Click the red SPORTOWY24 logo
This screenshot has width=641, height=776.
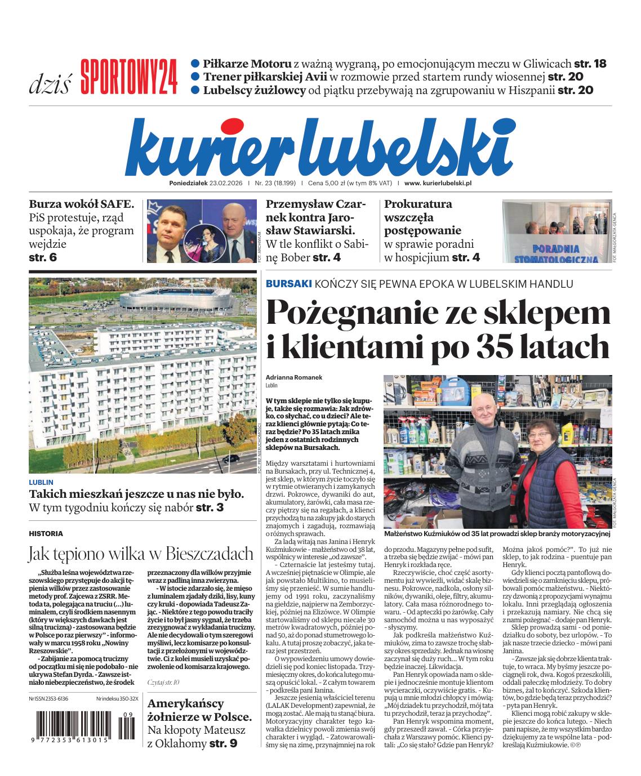click(x=129, y=77)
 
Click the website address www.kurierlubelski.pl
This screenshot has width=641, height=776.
click(x=438, y=184)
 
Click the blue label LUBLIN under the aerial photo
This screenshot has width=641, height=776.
click(x=41, y=482)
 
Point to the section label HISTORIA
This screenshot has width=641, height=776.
click(x=46, y=533)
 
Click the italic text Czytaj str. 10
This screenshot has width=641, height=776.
click(x=163, y=681)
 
